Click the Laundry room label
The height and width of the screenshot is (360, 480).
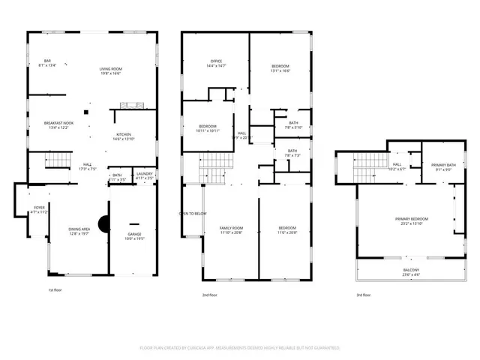(x=144, y=175)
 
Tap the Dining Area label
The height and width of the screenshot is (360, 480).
(x=79, y=231)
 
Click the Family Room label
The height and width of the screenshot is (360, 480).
(x=231, y=229)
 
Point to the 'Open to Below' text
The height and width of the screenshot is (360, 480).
(x=193, y=214)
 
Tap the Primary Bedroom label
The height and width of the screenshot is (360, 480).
(x=410, y=220)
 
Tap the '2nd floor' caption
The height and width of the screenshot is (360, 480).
(x=210, y=295)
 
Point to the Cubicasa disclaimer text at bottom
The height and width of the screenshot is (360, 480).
(x=240, y=348)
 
